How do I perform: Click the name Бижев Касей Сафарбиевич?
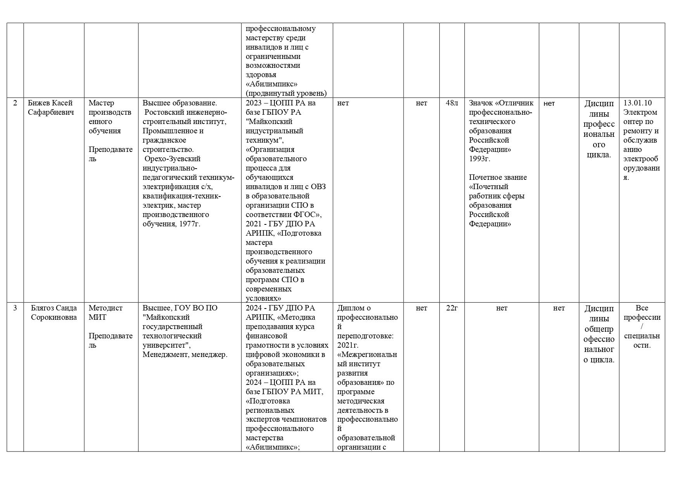50,108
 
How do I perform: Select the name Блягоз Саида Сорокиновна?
54,313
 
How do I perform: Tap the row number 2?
15,103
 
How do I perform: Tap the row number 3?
15,308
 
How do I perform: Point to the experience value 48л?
452,103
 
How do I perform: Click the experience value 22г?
452,308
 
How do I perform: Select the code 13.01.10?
638,103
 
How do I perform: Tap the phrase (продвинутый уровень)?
286,93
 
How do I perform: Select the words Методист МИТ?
105,313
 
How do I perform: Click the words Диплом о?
354,308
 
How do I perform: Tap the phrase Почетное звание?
498,178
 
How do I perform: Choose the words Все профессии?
642,313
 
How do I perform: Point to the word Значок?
481,103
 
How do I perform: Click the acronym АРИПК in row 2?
260,233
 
